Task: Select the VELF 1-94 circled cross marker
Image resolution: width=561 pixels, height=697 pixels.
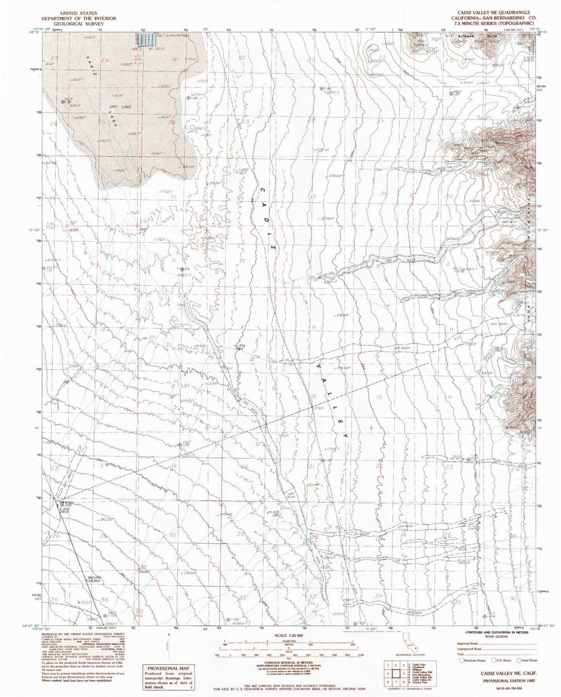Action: point(63,102)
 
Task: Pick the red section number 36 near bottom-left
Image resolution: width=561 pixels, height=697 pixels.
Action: point(104,610)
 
